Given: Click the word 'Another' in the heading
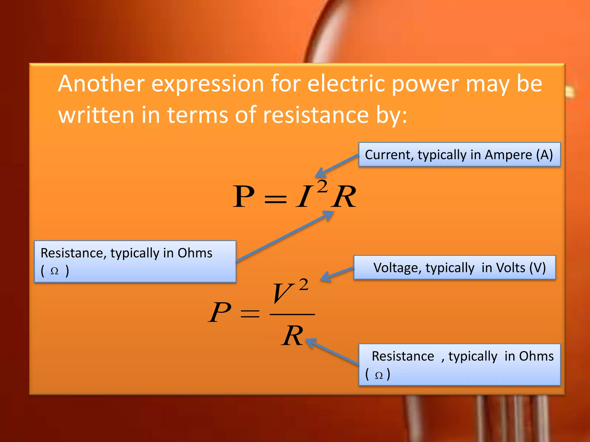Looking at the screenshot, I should tap(101, 84).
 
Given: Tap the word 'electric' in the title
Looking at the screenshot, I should tap(346, 84).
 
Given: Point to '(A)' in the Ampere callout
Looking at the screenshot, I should tap(544, 155).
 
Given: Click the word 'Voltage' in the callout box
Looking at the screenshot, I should tap(395, 268).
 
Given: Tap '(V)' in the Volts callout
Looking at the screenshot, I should tap(537, 268).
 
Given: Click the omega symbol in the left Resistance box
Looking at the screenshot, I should tap(54, 271).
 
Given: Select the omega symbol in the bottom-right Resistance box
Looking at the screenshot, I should tap(379, 375).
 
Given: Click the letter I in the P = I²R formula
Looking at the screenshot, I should tap(305, 197).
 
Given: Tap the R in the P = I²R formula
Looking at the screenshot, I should tap(344, 197).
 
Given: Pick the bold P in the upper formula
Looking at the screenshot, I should tap(243, 197).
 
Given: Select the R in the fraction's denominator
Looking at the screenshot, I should tap(292, 336).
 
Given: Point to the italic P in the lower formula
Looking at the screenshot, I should tap(219, 313).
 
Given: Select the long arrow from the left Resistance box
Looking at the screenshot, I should tap(284, 237).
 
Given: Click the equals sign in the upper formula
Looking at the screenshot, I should tap(275, 199).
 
